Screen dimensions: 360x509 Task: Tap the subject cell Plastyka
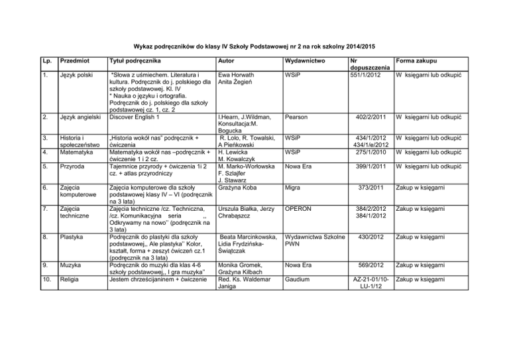point(74,236)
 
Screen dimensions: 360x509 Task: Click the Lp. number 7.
point(42,209)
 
